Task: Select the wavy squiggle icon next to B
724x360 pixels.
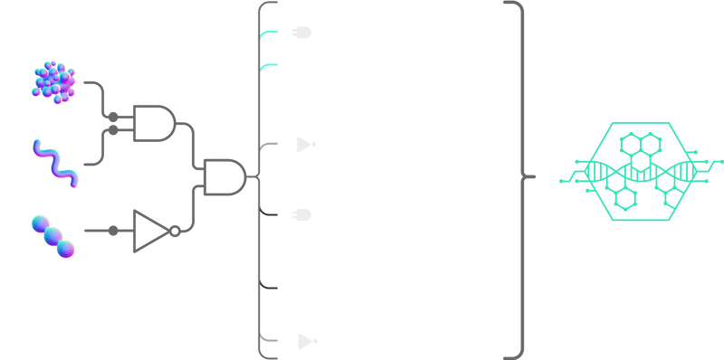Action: (x=55, y=161)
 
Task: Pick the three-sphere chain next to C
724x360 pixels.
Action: (x=52, y=233)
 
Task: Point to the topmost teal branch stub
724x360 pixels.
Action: (x=270, y=34)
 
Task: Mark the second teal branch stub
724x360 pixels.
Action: (x=269, y=66)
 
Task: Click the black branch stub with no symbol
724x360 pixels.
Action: (x=269, y=287)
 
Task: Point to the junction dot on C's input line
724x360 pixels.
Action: (x=112, y=231)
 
